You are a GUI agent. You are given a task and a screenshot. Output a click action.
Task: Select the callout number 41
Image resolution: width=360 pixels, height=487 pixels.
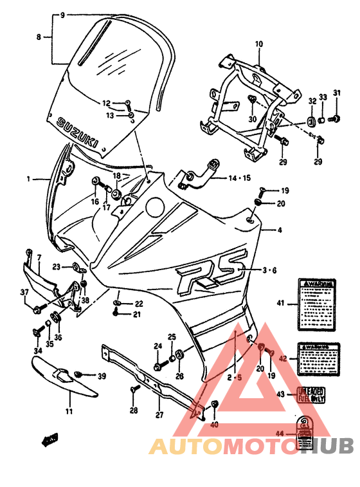(x=280, y=302)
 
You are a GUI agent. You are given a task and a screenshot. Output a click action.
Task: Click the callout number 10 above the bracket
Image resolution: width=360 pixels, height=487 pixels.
(x=259, y=44)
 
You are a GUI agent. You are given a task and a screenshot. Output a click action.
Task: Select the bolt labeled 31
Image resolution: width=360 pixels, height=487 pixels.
(x=333, y=119)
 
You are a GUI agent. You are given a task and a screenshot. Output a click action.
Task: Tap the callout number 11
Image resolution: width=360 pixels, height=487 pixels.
(x=69, y=410)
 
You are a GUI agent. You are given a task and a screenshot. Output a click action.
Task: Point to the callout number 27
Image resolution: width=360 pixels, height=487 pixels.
(x=159, y=414)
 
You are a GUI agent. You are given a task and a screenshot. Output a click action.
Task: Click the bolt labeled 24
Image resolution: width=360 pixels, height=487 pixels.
(x=157, y=366)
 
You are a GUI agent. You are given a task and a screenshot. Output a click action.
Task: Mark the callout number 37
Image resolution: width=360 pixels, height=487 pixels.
(x=24, y=293)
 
